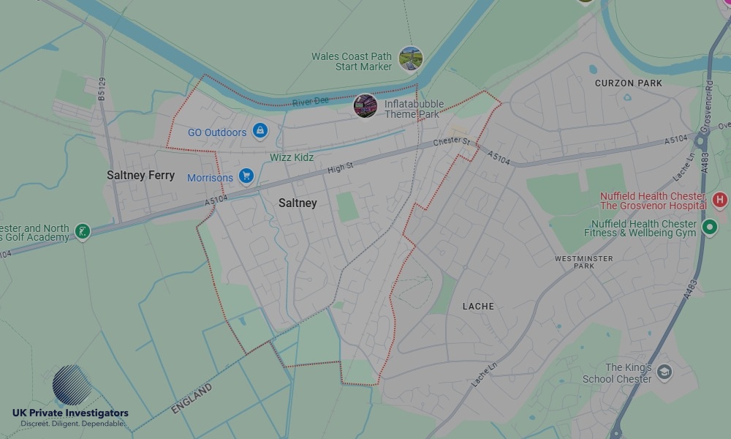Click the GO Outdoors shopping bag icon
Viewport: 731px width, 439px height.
[260, 132]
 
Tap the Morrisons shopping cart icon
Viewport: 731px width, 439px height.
[246, 176]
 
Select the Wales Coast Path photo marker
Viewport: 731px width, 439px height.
[411, 59]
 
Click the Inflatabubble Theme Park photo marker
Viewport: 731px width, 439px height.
[365, 106]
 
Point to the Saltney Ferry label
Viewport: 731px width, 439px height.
[141, 176]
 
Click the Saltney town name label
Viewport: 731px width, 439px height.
[298, 203]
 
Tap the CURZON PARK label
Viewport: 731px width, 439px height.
[629, 83]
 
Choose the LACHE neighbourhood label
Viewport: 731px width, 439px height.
[478, 307]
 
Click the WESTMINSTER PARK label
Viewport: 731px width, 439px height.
[584, 263]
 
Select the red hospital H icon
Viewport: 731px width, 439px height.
[719, 199]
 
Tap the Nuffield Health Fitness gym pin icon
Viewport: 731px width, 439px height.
[709, 228]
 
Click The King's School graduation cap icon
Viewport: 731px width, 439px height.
[664, 371]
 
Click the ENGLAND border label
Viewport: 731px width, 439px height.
[192, 399]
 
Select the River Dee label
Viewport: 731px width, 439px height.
[311, 101]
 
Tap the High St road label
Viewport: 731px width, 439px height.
[340, 168]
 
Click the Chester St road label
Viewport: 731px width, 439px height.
[450, 141]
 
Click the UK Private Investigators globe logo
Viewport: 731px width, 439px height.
[72, 385]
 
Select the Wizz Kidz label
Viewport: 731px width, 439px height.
[292, 157]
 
